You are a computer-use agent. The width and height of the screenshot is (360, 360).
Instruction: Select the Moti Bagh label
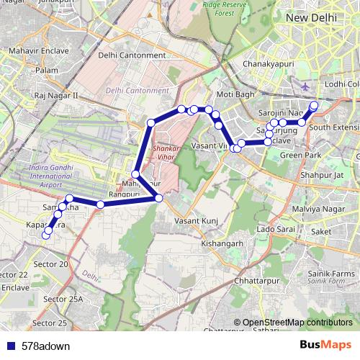235,94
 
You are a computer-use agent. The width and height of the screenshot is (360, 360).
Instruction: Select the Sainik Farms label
333,274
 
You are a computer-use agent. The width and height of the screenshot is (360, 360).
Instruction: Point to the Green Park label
300,155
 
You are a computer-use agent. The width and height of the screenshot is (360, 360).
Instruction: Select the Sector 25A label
63,299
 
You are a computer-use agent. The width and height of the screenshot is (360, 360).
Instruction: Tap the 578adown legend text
45,346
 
